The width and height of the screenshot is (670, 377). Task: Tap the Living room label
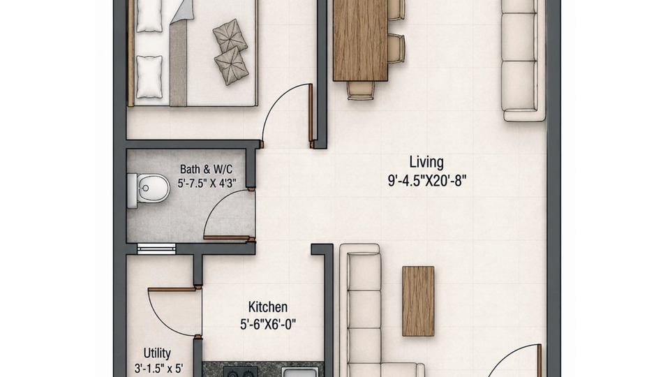point(426,162)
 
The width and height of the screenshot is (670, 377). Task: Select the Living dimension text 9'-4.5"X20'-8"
point(427,181)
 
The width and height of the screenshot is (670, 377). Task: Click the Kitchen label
point(268,307)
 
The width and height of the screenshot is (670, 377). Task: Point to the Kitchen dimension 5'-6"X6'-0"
point(268,325)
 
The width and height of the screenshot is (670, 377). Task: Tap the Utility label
point(157,353)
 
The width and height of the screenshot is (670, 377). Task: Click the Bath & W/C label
point(207,169)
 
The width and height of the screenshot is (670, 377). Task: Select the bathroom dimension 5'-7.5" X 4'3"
point(207,184)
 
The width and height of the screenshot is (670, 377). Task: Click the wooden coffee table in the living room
point(418,301)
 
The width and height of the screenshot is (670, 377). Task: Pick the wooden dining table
point(360,40)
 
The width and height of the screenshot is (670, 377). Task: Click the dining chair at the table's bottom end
point(361,91)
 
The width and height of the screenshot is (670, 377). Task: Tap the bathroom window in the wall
point(156,249)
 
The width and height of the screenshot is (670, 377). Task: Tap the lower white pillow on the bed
point(149,77)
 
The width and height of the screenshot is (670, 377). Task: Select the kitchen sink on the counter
point(299,373)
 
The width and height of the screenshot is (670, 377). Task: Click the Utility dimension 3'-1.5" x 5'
point(158,369)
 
